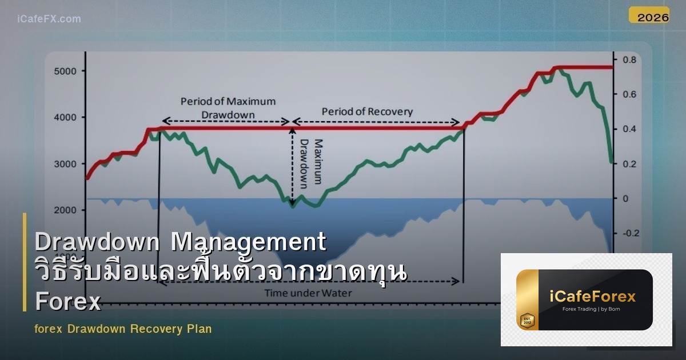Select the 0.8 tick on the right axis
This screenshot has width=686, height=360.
point(629,59)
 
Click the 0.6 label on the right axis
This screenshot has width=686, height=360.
point(629,94)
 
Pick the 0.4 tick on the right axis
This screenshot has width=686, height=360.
point(629,129)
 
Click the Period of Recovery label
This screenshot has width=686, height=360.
point(367,111)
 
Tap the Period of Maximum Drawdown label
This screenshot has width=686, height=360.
point(228,107)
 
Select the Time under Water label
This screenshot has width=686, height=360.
point(308,293)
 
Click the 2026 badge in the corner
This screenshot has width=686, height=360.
point(653,17)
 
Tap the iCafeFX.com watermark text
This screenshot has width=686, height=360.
point(49,19)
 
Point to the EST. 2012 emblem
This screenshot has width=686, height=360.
point(527,320)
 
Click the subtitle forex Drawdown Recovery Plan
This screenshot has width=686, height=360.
point(123,329)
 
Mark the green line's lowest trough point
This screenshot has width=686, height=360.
point(293,206)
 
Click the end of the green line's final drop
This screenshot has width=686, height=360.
point(611,163)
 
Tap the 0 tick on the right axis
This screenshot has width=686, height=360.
point(625,198)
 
